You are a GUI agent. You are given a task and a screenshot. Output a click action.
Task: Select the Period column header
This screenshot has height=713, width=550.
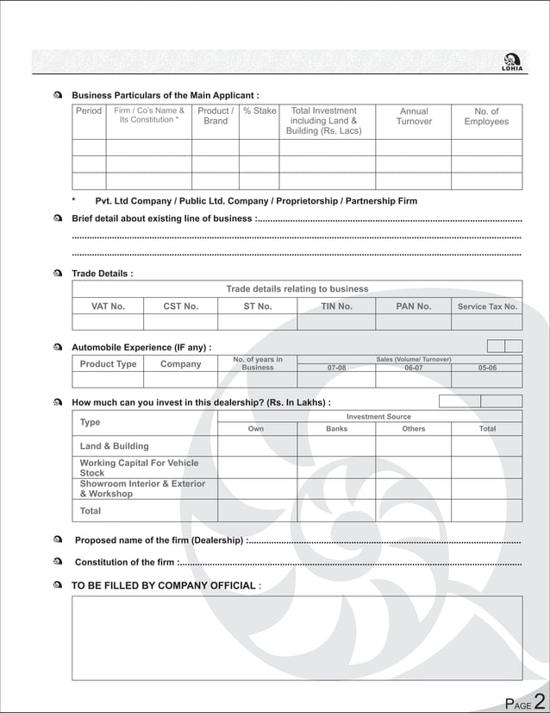click(x=89, y=111)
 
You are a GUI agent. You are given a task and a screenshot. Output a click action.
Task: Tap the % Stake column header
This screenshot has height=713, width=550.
click(x=259, y=111)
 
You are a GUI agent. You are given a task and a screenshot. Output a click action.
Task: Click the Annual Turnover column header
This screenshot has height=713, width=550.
click(x=414, y=117)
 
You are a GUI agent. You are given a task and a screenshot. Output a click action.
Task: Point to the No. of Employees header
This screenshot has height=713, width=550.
click(x=486, y=117)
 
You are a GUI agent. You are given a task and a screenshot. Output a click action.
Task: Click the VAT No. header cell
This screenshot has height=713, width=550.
click(x=108, y=306)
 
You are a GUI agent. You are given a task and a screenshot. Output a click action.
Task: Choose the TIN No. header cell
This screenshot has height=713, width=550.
click(x=336, y=306)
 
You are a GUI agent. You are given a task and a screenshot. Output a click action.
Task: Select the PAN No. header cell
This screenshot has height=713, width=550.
click(x=414, y=306)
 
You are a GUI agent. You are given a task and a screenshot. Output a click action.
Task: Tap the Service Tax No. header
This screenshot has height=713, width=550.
click(x=487, y=306)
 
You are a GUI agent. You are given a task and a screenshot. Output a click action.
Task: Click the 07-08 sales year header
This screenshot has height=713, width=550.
click(x=336, y=368)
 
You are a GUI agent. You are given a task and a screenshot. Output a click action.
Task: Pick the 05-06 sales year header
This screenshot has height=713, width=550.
click(x=487, y=368)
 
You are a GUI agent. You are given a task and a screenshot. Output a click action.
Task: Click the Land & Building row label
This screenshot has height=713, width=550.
click(x=114, y=446)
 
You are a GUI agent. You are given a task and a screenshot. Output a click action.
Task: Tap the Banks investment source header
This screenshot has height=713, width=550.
click(x=336, y=428)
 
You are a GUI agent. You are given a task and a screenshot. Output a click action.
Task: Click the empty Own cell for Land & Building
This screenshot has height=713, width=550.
click(x=257, y=445)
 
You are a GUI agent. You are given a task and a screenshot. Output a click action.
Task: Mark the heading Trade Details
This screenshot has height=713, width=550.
click(x=102, y=274)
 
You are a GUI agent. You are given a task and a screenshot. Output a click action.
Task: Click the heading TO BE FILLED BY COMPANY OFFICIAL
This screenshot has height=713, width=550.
click(x=163, y=585)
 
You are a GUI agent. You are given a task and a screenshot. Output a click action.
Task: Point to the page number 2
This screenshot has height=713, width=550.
click(x=539, y=700)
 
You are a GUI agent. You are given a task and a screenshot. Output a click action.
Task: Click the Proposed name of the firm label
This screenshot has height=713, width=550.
click(x=159, y=540)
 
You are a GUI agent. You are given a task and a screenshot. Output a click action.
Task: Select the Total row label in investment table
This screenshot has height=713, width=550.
click(x=91, y=511)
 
